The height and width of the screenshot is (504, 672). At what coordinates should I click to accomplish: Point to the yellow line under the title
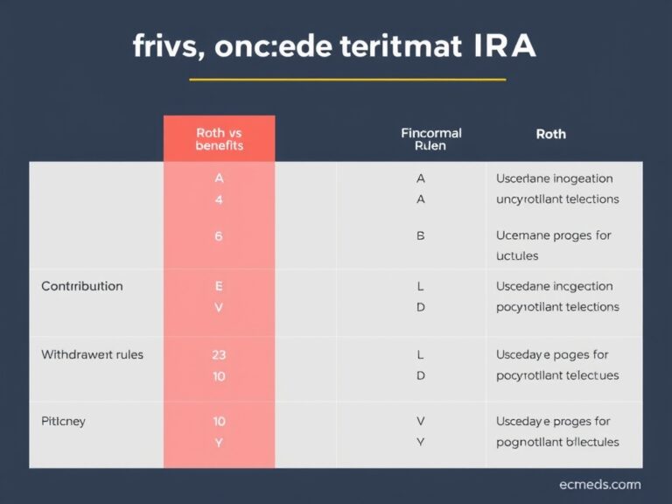[x=347, y=80]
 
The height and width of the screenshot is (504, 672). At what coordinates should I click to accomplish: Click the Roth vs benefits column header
[x=219, y=139]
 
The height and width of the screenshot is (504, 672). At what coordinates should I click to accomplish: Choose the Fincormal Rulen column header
[x=430, y=139]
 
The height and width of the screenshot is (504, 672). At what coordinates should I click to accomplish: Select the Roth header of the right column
[x=550, y=134]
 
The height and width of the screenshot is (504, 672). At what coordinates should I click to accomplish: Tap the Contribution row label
[x=82, y=286]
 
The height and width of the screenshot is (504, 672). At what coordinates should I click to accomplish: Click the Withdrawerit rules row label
[x=92, y=355]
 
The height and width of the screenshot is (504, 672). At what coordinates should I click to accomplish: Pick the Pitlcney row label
[x=63, y=421]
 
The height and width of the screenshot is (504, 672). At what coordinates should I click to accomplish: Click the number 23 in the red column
[x=219, y=355]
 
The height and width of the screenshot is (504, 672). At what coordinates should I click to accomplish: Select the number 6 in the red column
[x=219, y=235]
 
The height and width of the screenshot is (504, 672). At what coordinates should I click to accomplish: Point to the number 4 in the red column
[x=219, y=199]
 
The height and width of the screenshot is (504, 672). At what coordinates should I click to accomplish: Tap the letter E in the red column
[x=219, y=286]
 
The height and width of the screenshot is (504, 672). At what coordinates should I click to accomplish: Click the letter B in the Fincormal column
[x=421, y=235]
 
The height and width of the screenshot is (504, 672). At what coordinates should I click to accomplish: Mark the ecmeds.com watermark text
[x=599, y=485]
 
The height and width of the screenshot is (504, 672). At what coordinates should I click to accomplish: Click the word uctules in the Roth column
[x=517, y=255]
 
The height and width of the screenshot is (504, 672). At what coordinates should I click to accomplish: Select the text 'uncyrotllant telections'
[x=557, y=199]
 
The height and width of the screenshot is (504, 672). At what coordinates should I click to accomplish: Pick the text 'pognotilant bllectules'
[x=557, y=442]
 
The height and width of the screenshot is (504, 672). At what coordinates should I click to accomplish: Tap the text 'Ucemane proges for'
[x=554, y=235]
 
